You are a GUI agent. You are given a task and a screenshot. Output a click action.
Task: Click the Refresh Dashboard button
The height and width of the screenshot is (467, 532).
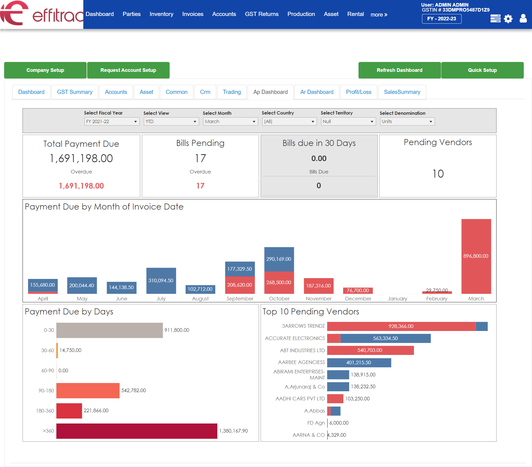[399, 70]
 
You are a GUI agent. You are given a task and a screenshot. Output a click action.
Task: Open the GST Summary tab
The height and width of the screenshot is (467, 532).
[75, 92]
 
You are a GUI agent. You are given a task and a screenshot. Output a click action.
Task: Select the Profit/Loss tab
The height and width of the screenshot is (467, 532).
[358, 92]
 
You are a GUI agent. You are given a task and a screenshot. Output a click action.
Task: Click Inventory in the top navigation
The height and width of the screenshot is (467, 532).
[161, 14]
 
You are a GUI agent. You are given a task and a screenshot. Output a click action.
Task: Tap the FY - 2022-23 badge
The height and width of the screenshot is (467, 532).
[441, 19]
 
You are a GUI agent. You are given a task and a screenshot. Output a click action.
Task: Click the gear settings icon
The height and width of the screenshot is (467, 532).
[508, 19]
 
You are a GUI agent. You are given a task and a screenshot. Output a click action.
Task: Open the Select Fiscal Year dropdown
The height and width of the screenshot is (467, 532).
[112, 121]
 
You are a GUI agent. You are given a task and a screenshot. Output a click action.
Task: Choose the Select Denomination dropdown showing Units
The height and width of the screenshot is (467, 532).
[407, 121]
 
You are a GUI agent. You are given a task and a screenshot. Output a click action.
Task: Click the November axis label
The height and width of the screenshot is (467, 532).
[319, 298]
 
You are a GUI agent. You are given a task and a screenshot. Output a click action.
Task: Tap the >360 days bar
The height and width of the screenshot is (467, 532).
[137, 431]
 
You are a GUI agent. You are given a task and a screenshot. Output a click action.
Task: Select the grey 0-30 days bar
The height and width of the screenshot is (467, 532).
[109, 330]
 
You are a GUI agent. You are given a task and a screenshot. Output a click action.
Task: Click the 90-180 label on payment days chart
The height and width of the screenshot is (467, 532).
[46, 390]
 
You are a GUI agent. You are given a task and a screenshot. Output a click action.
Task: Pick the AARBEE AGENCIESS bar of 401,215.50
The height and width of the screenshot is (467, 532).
[359, 363]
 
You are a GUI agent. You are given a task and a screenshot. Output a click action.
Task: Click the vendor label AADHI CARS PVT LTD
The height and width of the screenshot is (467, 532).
[300, 398]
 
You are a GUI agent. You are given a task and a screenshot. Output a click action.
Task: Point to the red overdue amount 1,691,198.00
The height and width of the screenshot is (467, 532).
[81, 186]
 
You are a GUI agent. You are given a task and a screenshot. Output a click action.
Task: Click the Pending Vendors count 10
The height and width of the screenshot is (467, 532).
[438, 174]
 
